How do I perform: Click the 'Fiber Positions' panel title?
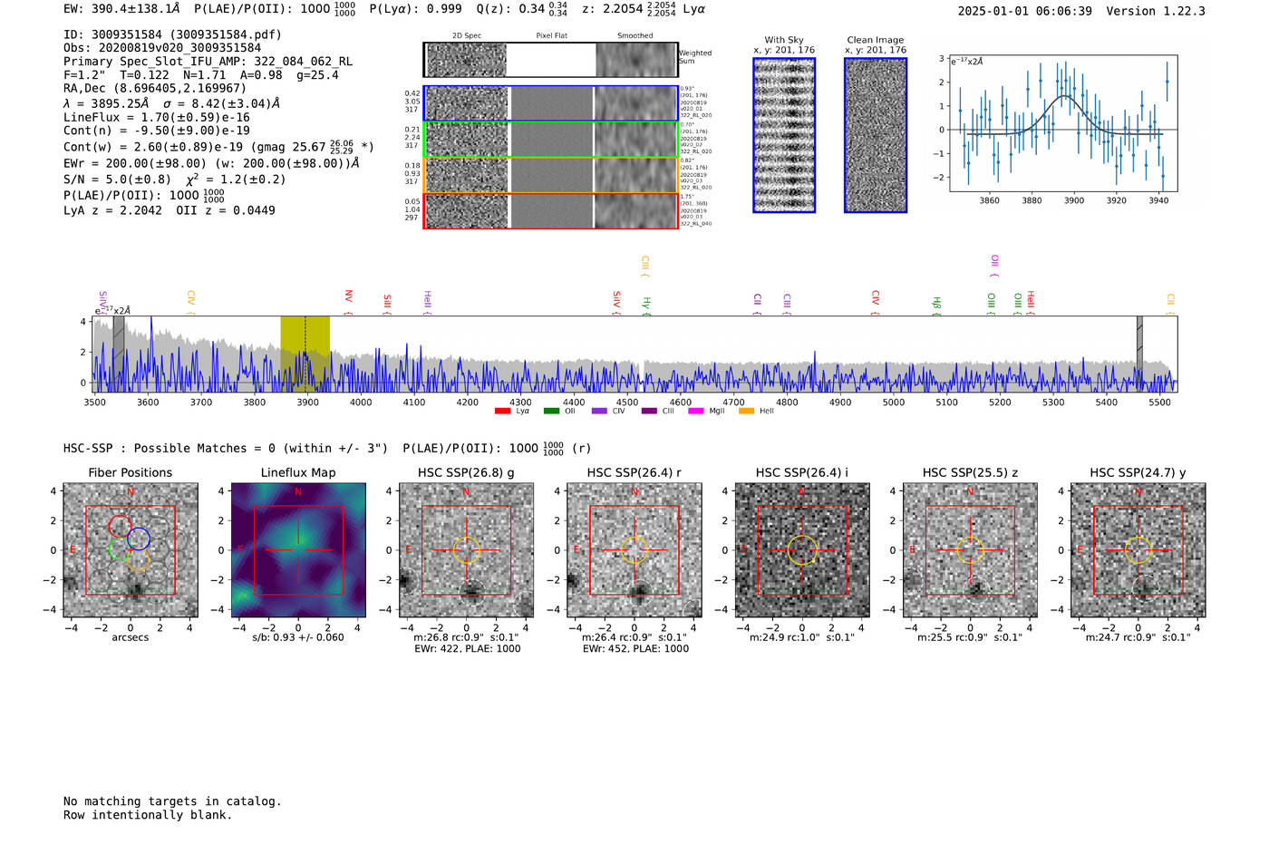(130, 472)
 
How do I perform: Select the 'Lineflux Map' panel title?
(298, 472)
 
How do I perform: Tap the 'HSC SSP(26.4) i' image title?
(801, 472)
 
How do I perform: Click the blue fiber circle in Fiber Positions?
(139, 539)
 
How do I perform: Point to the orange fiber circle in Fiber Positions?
(138, 560)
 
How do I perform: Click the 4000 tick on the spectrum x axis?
(361, 403)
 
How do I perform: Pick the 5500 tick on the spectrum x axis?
(1159, 403)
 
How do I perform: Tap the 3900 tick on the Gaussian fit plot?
(1074, 200)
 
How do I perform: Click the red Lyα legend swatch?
(502, 412)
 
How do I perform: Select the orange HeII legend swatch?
(746, 412)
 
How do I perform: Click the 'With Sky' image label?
(784, 40)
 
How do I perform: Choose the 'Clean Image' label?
(875, 40)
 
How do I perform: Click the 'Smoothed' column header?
(634, 36)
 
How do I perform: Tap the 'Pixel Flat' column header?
(551, 36)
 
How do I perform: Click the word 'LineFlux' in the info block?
(92, 117)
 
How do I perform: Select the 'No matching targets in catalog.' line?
(172, 801)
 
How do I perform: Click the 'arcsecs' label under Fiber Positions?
(130, 637)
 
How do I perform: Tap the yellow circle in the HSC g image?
(466, 550)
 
